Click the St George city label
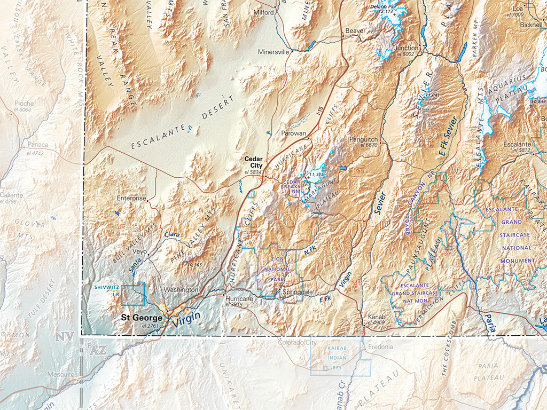(x=142, y=318)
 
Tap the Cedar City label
(x=253, y=162)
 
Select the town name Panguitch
(x=363, y=139)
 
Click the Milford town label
(x=264, y=12)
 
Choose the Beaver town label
(x=355, y=31)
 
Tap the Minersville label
(x=273, y=52)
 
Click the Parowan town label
(x=293, y=133)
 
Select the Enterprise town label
(x=131, y=198)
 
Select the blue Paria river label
(x=488, y=324)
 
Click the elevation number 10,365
(x=194, y=265)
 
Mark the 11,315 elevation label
(x=317, y=175)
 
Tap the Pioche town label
(x=24, y=104)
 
